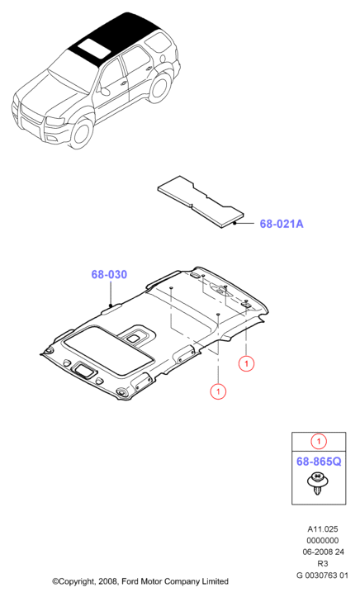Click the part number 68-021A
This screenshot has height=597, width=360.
click(282, 224)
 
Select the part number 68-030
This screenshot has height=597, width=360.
click(109, 274)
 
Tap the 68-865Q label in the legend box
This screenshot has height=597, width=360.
click(319, 462)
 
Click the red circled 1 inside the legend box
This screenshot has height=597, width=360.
click(319, 442)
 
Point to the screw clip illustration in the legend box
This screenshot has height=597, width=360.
click(317, 484)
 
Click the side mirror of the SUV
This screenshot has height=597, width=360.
click(104, 92)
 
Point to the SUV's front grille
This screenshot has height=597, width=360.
click(31, 113)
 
